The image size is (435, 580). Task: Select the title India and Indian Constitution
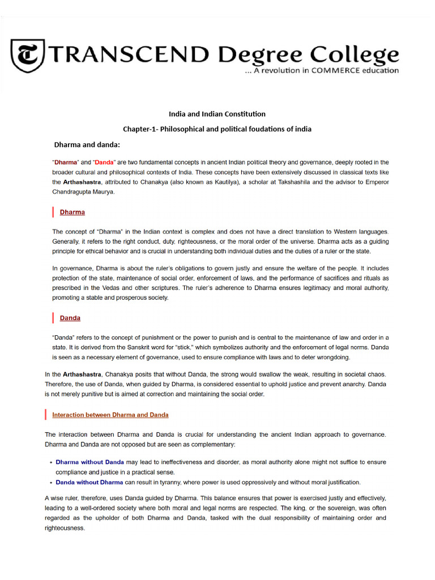[x=217, y=114]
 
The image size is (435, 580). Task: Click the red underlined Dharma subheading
[x=72, y=212]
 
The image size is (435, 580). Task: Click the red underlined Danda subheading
[x=70, y=318]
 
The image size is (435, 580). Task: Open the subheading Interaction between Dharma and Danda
[x=110, y=415]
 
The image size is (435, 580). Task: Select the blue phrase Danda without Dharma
[x=89, y=483]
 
